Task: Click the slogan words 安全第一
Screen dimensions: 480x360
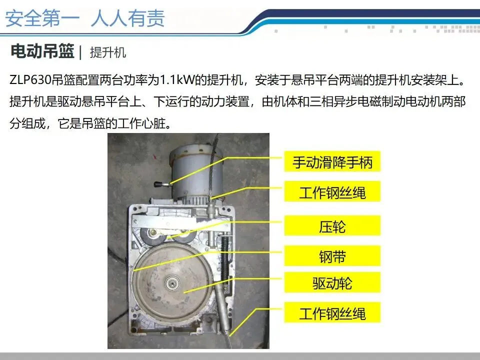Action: click(42, 18)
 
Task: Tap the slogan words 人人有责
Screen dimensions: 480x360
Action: click(127, 18)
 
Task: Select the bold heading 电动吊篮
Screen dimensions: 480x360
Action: click(42, 51)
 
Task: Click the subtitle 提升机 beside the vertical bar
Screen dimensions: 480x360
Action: click(108, 52)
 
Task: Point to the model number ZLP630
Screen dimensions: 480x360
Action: click(30, 80)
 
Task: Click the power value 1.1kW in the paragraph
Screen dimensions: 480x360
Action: click(177, 80)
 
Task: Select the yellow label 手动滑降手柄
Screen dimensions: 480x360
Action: click(332, 161)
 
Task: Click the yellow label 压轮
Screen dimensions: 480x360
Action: click(332, 226)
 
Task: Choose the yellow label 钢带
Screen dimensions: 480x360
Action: click(332, 256)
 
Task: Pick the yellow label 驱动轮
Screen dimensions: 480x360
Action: click(332, 282)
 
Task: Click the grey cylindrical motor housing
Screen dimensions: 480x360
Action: click(196, 171)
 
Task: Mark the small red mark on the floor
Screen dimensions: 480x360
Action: click(155, 156)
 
